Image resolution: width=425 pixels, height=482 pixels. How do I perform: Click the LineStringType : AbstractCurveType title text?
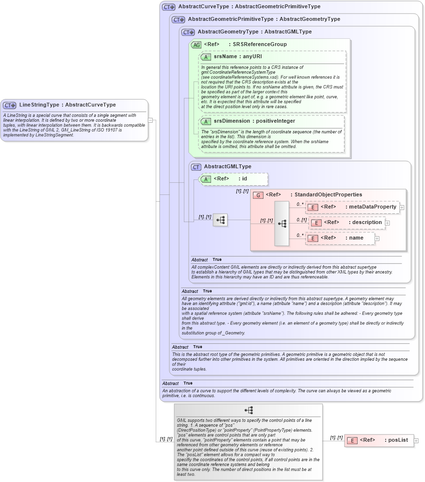(67, 105)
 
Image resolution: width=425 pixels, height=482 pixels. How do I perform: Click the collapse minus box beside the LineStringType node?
(150, 120)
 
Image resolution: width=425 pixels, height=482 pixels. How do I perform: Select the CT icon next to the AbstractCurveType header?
(169, 7)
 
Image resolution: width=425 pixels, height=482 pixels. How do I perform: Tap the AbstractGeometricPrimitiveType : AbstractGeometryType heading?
(264, 19)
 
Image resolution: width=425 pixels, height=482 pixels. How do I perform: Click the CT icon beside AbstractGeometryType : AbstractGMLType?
(188, 32)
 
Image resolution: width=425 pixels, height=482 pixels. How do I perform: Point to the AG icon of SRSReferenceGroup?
(196, 45)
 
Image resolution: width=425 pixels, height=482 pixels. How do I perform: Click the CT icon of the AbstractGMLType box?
(196, 167)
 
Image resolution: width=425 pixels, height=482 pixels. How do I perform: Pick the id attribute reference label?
(245, 179)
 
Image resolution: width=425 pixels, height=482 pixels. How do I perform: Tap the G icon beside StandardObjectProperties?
(258, 195)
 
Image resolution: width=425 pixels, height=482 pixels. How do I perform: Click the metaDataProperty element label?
(371, 207)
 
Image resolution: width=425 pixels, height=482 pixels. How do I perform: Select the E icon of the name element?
(313, 238)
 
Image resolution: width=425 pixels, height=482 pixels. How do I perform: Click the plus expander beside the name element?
(377, 239)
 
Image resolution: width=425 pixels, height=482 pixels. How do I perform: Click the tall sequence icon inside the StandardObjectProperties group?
(281, 224)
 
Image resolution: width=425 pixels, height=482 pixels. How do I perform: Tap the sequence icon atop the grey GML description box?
(248, 410)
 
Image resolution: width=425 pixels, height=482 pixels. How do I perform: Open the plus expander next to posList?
(416, 441)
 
